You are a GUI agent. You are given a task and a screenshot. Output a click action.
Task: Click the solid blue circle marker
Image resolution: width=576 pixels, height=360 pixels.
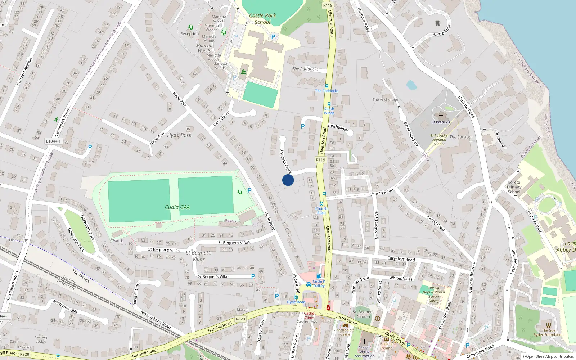click(288, 180)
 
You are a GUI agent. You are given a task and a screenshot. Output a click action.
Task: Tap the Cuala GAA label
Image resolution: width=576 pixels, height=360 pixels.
click(177, 207)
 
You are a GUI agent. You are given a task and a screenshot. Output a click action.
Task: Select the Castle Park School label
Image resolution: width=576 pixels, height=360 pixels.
click(262, 19)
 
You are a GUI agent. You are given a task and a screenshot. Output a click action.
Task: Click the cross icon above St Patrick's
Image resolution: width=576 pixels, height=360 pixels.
click(441, 116)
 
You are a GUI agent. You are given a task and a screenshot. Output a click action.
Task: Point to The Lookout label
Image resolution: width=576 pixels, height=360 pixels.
click(461, 137)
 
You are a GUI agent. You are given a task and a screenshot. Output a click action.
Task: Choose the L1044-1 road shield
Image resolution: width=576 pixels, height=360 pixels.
click(53, 141)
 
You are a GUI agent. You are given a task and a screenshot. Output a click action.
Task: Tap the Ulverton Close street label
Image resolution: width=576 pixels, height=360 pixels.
click(285, 161)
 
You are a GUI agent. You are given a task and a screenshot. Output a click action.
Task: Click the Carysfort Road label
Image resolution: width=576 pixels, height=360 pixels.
click(401, 259)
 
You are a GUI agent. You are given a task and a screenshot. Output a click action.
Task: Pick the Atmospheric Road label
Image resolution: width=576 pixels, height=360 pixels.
click(156, 319)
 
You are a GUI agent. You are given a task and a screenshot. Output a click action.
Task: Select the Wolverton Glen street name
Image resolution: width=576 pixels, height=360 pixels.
click(65, 306)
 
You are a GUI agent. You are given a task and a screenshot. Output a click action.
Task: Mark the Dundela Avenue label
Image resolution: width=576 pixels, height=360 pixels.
click(24, 71)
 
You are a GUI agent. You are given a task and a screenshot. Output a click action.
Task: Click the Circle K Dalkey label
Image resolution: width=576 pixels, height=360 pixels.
click(319, 283)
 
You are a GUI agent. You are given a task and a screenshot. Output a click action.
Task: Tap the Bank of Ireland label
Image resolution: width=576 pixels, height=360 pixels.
click(386, 346)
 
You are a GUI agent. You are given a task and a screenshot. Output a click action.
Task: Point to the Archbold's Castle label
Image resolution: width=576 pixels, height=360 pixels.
click(345, 332)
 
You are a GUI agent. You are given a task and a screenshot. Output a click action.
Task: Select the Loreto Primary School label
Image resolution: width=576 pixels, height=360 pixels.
click(514, 187)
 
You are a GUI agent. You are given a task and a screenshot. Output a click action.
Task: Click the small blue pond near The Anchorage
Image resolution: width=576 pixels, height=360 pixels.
click(411, 85)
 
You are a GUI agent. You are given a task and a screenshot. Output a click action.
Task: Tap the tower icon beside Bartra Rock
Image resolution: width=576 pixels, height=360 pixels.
click(438, 23)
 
